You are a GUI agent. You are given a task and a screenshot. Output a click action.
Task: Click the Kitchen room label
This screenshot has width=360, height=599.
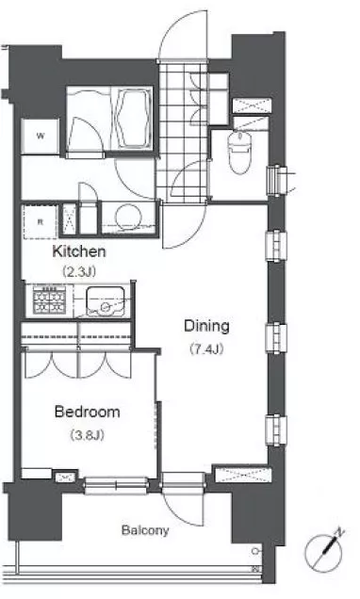click(x=79, y=251)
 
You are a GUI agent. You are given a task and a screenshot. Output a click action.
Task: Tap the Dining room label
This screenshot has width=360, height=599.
click(x=206, y=326)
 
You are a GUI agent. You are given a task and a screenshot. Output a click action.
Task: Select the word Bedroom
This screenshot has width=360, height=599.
click(x=87, y=412)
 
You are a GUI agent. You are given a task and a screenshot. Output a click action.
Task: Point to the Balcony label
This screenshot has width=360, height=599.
click(x=145, y=530)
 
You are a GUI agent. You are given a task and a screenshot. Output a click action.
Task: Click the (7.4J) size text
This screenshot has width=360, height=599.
click(x=206, y=349)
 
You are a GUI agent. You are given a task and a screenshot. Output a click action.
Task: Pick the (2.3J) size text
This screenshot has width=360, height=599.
click(x=79, y=271)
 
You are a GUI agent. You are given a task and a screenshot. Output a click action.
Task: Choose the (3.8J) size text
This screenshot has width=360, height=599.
click(x=87, y=435)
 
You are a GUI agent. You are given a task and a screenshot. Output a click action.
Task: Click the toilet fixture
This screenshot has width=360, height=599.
click(x=240, y=152)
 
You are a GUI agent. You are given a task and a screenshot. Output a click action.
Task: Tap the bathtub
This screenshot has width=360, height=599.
click(x=132, y=119)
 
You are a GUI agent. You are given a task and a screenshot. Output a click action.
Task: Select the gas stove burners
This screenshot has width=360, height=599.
click(x=49, y=299)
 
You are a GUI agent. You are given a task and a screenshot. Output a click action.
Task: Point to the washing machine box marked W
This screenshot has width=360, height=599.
click(x=41, y=136)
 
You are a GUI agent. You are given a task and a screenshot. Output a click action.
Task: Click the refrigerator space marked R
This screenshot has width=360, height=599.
click(x=41, y=222)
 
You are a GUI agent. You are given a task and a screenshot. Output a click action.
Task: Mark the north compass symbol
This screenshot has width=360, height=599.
click(x=323, y=553)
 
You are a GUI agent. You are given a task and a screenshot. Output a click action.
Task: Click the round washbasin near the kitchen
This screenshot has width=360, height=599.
click(x=128, y=217)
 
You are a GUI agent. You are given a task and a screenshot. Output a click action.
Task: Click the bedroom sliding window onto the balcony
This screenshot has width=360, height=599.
click(x=116, y=486)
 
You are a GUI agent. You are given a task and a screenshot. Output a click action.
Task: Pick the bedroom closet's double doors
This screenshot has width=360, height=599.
click(x=78, y=364)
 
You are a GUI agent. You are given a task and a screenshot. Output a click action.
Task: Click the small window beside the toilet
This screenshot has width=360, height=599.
click(x=278, y=180)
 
